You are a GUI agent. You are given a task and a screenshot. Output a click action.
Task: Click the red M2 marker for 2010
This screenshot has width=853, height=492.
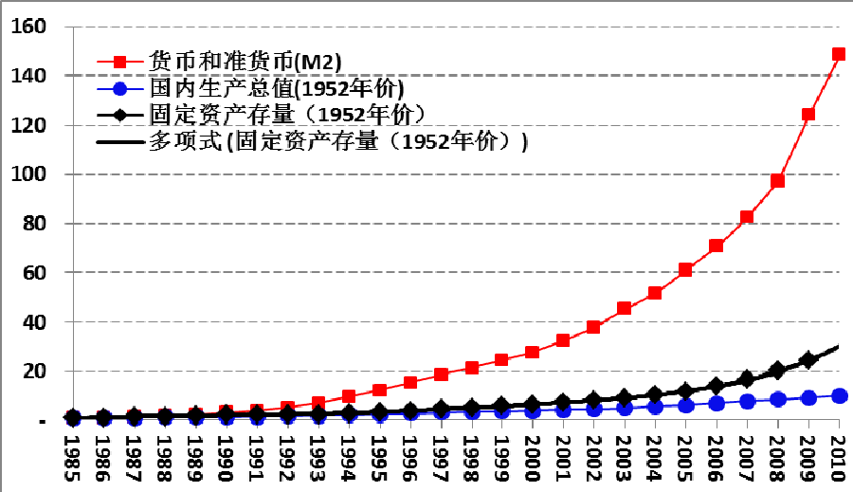[839, 54]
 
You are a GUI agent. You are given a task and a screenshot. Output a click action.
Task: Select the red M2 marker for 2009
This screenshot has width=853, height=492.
[808, 115]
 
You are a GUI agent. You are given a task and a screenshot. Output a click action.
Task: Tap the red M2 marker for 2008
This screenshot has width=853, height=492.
[778, 181]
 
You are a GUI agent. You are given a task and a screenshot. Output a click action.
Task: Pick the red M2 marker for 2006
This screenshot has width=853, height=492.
[717, 246]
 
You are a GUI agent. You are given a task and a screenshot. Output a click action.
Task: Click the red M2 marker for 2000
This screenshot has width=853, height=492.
[533, 352]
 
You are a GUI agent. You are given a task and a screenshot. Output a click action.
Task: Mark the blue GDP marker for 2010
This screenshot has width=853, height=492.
[839, 395]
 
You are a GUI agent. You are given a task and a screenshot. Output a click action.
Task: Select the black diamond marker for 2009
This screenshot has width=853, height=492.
[808, 360]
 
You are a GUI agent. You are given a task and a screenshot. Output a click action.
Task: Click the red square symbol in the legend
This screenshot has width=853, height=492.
[119, 63]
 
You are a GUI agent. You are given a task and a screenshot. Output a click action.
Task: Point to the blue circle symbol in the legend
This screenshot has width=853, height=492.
[119, 89]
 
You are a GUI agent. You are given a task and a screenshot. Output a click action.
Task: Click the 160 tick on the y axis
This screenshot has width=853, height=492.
[28, 27]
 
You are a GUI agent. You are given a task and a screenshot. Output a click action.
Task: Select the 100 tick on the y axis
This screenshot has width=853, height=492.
[28, 174]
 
